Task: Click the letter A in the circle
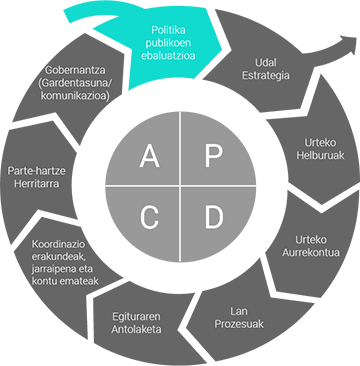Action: click(x=149, y=155)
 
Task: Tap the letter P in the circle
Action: click(x=212, y=155)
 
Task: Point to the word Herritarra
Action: click(x=35, y=184)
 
